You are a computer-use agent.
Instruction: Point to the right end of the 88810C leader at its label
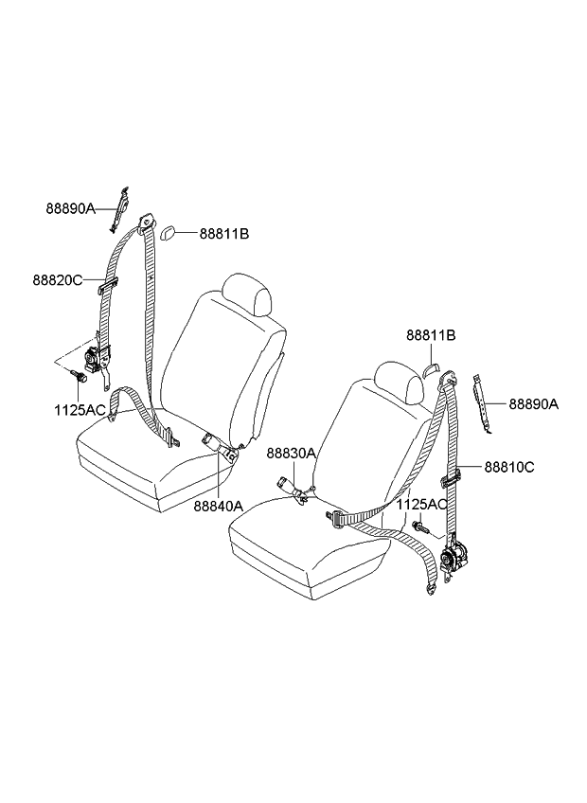pos(483,467)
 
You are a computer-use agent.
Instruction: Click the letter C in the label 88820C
pos(78,280)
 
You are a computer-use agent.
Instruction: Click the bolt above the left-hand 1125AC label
pos(79,377)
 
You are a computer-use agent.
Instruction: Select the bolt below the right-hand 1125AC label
pos(420,526)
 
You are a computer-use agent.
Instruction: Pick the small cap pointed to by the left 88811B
pos(169,234)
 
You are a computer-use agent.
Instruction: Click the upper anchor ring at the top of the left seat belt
pos(148,223)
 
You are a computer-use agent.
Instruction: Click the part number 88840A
pos(218,506)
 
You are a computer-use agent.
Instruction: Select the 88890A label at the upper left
pos(71,209)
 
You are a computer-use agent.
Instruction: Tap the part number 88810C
pos(509,467)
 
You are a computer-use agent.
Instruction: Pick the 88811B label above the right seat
pos(432,335)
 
